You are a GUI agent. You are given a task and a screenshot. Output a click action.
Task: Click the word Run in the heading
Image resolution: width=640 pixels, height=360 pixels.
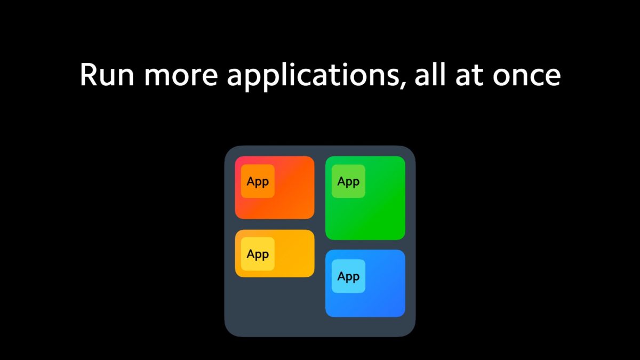tap(107, 75)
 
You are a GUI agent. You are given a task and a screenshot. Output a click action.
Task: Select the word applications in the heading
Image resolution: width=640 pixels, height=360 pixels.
tap(313, 76)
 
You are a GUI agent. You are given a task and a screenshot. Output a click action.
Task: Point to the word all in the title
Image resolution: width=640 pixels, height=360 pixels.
tap(429, 74)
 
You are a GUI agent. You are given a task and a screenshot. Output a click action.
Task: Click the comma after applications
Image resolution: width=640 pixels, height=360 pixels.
tap(402, 85)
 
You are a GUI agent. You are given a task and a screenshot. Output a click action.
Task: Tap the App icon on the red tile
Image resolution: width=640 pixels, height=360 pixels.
tap(258, 181)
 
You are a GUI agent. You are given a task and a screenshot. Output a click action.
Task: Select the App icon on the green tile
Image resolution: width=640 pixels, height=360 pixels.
tap(348, 181)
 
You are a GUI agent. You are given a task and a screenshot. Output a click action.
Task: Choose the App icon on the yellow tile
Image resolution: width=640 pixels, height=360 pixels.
tap(258, 254)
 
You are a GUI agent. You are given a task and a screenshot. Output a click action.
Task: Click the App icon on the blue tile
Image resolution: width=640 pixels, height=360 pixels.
tap(348, 276)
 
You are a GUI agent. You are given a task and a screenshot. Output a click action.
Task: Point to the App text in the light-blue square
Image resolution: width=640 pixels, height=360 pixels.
tap(348, 277)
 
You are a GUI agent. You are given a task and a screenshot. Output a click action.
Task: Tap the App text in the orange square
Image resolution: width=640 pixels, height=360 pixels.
tap(258, 182)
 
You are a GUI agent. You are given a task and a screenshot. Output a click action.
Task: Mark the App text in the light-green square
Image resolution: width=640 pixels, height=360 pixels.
tap(348, 182)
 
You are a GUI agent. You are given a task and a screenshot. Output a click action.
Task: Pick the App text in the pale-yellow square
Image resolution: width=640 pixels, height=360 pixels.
tap(258, 255)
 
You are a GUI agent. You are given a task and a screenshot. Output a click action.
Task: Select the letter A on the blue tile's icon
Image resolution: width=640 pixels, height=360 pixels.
tap(342, 276)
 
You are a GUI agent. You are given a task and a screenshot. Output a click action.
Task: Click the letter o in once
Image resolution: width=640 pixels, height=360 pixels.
tap(501, 77)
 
